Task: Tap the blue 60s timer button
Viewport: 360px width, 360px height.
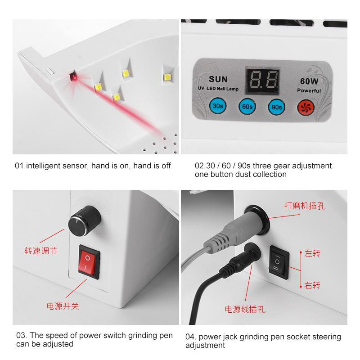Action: click(246, 107)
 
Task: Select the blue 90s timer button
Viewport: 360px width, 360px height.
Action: click(275, 107)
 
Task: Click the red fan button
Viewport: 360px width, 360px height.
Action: click(305, 107)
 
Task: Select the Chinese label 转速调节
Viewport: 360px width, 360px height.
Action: click(40, 251)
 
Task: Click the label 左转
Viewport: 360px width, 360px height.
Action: click(312, 254)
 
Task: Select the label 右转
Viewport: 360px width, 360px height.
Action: click(312, 285)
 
